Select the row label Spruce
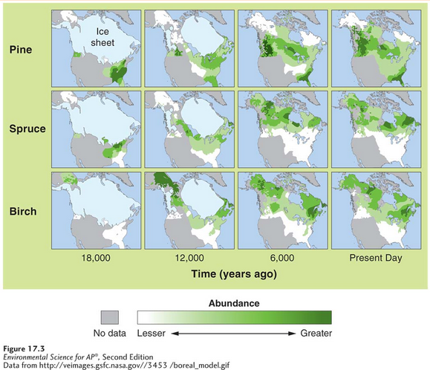pos(27,129)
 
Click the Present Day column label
pos(376,258)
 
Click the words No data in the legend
pos(111,333)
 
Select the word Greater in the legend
pos(316,333)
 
